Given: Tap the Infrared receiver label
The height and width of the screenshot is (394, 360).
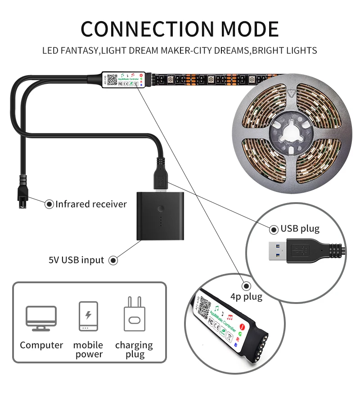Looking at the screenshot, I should pos(91,204).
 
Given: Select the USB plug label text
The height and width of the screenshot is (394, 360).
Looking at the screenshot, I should pos(300,229).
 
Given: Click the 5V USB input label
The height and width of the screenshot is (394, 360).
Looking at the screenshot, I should pos(76,260).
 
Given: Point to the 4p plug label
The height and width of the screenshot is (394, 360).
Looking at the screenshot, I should pos(246,297).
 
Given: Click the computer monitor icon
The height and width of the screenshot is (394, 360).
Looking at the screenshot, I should pos(41,318).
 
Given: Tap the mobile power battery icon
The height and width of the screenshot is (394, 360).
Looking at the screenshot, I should pos(88,317).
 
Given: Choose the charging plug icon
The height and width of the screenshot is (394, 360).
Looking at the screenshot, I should pos(134,315).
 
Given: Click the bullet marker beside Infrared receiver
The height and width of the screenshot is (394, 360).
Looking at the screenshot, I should pos(49,204).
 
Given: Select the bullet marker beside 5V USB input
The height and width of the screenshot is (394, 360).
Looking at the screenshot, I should pos(113,260).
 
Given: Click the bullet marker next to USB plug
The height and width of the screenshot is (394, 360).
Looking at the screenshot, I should pos(274,229).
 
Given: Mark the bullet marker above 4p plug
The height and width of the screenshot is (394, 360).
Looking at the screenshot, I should pos(246,286).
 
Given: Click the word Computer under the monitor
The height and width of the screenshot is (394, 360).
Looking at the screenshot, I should pos(41,345).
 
